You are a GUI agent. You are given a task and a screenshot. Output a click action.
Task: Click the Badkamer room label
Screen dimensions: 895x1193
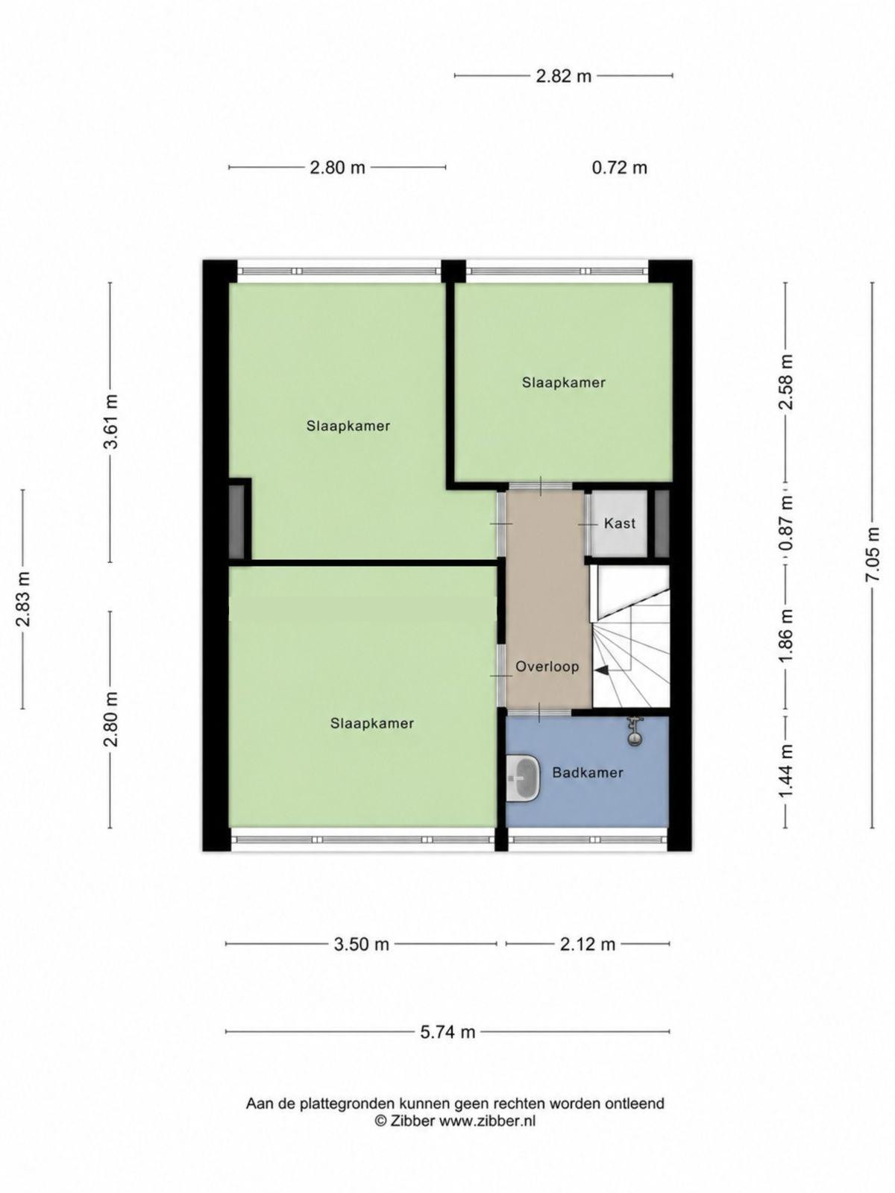pos(588,772)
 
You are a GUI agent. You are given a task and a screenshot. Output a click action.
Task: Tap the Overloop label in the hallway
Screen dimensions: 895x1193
pos(547,667)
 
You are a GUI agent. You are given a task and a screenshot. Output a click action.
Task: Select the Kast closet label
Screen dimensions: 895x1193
pos(620,523)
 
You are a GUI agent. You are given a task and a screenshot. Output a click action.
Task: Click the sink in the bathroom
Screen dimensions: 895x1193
pos(523,778)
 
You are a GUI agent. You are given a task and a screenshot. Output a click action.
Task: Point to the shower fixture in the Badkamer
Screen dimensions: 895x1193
pos(632,731)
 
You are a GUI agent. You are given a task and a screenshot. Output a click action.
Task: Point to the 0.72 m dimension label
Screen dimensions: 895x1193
pos(620,168)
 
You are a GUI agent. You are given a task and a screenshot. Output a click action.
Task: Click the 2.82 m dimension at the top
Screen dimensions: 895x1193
pos(564,76)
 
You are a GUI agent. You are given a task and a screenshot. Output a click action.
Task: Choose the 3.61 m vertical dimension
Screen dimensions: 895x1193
pos(111,421)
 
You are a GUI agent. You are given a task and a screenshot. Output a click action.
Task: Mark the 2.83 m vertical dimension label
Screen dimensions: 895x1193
pos(24,599)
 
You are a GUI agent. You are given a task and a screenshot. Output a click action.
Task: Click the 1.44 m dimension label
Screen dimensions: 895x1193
pos(786,772)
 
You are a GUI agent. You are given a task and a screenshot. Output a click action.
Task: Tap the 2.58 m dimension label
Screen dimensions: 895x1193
pos(786,382)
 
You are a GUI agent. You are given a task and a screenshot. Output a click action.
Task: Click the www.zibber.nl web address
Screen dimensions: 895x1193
pos(487,1121)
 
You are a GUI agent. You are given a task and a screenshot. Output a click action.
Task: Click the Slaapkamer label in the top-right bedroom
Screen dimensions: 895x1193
pos(564,382)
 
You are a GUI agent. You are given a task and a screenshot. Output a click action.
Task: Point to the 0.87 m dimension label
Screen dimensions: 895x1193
pos(786,523)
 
